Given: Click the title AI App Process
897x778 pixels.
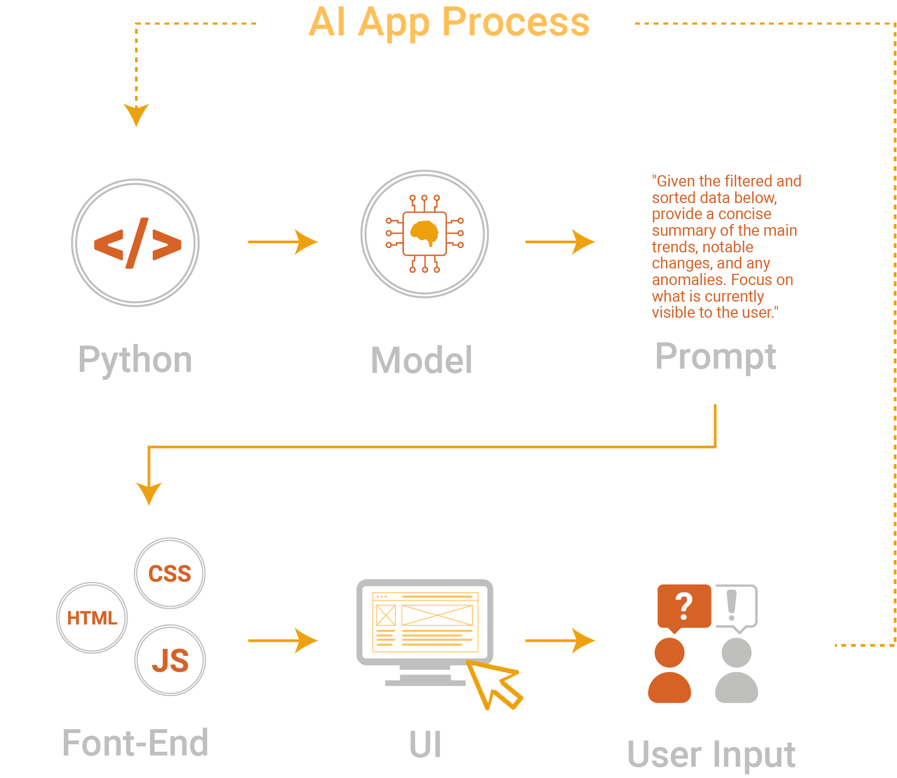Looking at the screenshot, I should click(449, 23).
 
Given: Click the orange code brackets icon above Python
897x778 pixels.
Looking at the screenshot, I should click(137, 243).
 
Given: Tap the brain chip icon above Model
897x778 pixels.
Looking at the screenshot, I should click(424, 234).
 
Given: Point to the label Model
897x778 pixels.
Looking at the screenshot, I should click(422, 361).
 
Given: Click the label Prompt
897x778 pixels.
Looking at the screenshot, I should click(715, 357).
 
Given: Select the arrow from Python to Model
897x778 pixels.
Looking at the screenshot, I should click(282, 242).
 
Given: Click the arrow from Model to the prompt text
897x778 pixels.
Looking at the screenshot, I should click(559, 242).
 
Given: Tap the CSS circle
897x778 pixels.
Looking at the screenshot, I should click(169, 573).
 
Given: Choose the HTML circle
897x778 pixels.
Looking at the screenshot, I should click(92, 618).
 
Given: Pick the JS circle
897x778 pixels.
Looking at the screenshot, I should click(170, 660).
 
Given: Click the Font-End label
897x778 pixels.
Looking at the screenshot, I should click(136, 744).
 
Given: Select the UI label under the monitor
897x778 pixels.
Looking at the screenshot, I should click(425, 745).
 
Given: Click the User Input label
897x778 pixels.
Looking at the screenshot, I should click(711, 755).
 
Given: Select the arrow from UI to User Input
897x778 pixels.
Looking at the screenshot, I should click(559, 641).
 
